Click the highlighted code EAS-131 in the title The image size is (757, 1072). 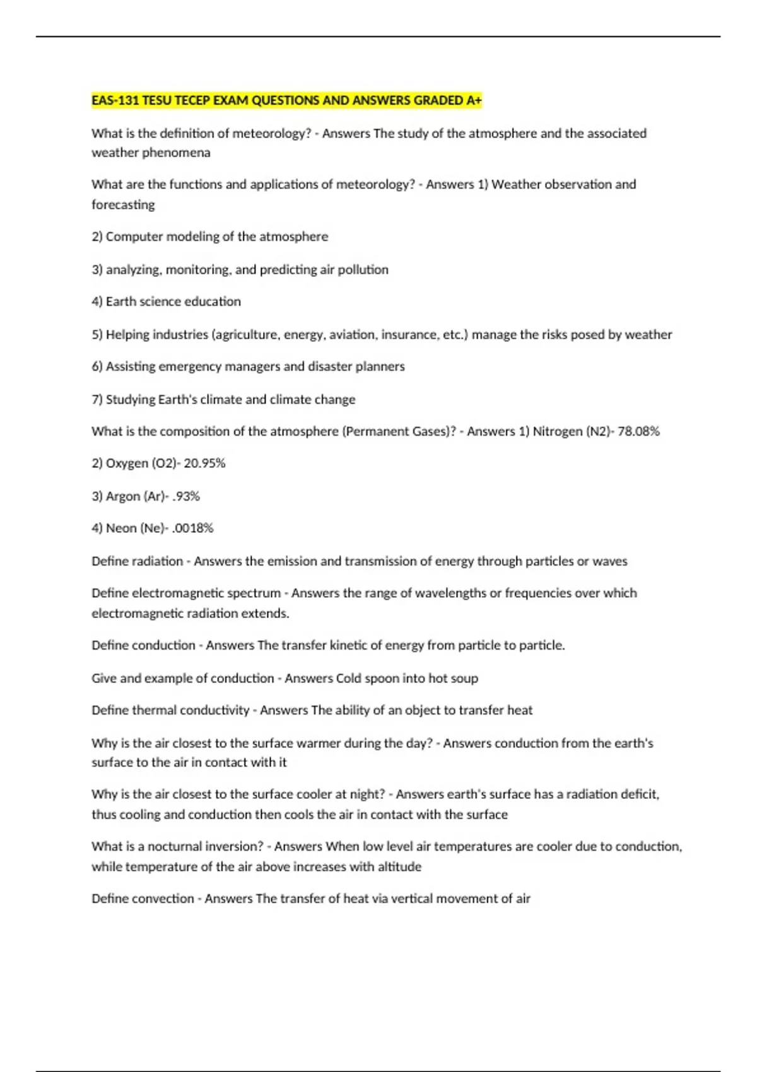click(115, 100)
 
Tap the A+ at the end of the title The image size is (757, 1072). click(474, 100)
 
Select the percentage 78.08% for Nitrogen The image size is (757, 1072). click(638, 431)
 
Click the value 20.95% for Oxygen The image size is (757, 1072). click(204, 463)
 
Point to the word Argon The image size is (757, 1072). click(124, 496)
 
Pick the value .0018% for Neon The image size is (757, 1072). click(192, 528)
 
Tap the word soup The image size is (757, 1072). click(464, 679)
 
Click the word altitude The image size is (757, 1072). click(399, 866)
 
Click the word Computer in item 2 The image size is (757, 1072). click(131, 237)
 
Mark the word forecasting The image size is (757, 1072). click(123, 205)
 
